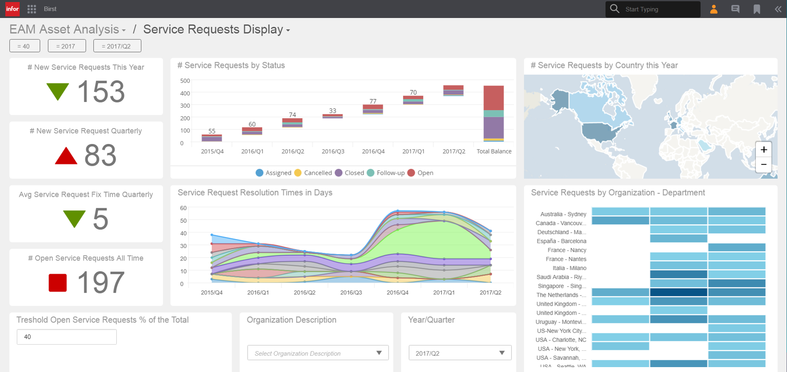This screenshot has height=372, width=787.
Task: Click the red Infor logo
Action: pyautogui.click(x=12, y=9)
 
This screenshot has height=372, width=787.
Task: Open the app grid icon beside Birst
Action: pyautogui.click(x=32, y=9)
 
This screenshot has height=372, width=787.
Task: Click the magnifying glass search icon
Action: pyautogui.click(x=614, y=9)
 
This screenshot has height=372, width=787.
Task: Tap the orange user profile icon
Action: pyautogui.click(x=714, y=9)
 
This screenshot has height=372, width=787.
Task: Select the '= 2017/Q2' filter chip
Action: pyautogui.click(x=117, y=46)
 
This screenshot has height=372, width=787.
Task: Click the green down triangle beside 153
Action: pyautogui.click(x=58, y=91)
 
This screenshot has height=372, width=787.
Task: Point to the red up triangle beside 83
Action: pyautogui.click(x=66, y=156)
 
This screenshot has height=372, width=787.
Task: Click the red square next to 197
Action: pyautogui.click(x=58, y=282)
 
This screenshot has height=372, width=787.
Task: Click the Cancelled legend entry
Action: pyautogui.click(x=313, y=173)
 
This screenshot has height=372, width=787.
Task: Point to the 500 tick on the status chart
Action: pyautogui.click(x=185, y=81)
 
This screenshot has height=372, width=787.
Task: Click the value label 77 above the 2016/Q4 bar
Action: pyautogui.click(x=373, y=101)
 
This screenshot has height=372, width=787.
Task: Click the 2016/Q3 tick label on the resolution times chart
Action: pyautogui.click(x=351, y=292)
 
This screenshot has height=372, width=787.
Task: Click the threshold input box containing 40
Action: pyautogui.click(x=67, y=337)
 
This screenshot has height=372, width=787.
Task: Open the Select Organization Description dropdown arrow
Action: pyautogui.click(x=379, y=353)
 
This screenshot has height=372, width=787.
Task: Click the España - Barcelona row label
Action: pyautogui.click(x=561, y=241)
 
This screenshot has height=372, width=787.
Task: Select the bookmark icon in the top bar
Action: pyautogui.click(x=757, y=9)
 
